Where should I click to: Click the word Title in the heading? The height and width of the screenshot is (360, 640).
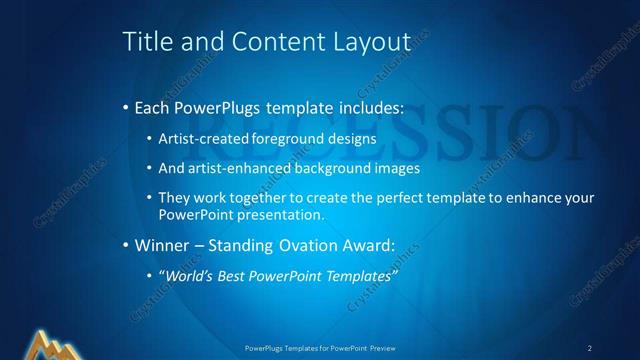coord(145,42)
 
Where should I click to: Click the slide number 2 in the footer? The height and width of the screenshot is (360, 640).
coord(590,347)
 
